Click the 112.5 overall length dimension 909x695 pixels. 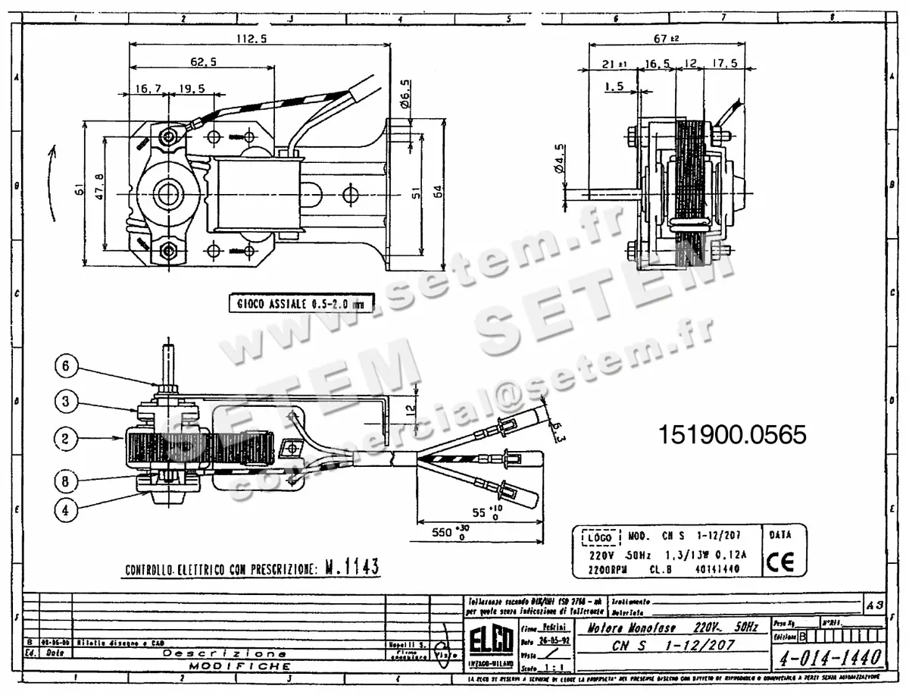click(251, 40)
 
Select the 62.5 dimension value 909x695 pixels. click(203, 62)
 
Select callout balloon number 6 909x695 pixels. click(66, 367)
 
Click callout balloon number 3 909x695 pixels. click(66, 402)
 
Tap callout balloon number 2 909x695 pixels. click(66, 437)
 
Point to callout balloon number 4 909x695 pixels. click(66, 510)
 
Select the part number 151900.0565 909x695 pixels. click(732, 434)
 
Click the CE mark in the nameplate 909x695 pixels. click(779, 562)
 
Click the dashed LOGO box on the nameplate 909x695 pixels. click(598, 537)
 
